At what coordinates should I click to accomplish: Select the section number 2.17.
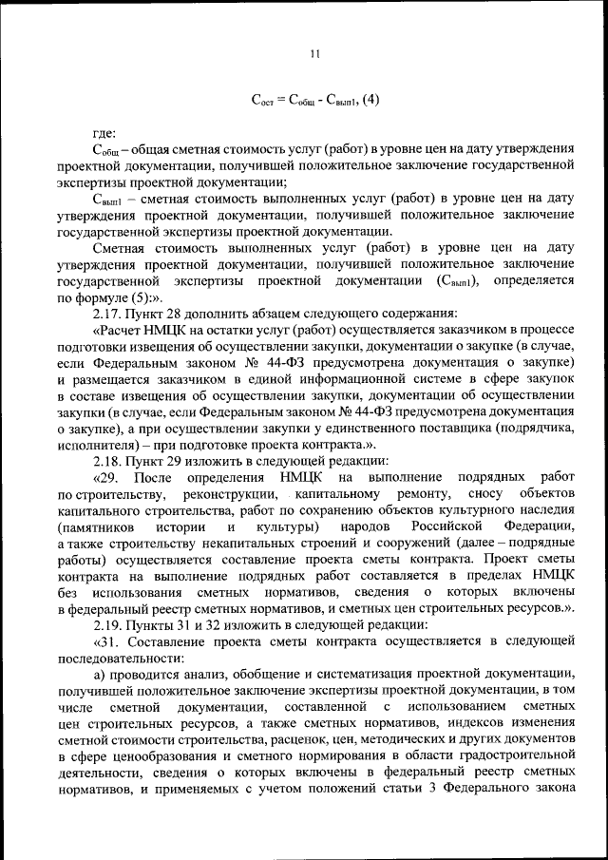point(107,313)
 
